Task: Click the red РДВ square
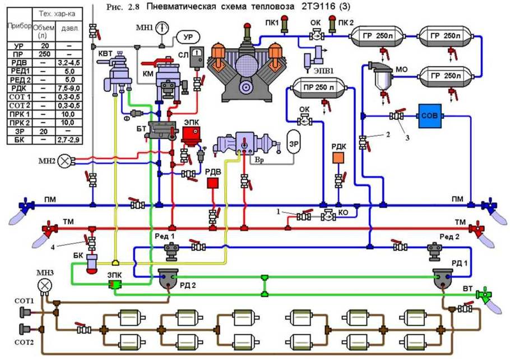coord(212,183)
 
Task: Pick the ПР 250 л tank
coord(318,88)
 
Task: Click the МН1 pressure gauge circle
coord(161,27)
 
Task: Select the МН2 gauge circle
coord(66,161)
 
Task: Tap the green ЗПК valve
coord(116,285)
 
